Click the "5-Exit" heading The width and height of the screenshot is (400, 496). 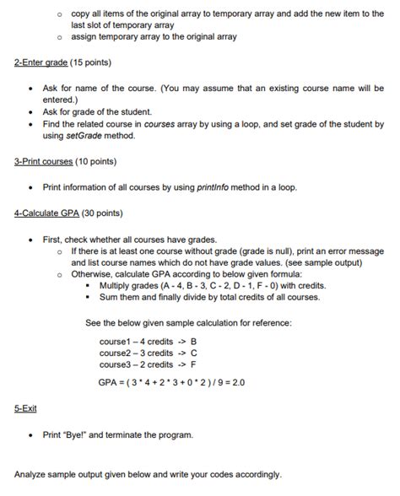coord(25,409)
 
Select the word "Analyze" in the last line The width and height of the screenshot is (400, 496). coord(33,474)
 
